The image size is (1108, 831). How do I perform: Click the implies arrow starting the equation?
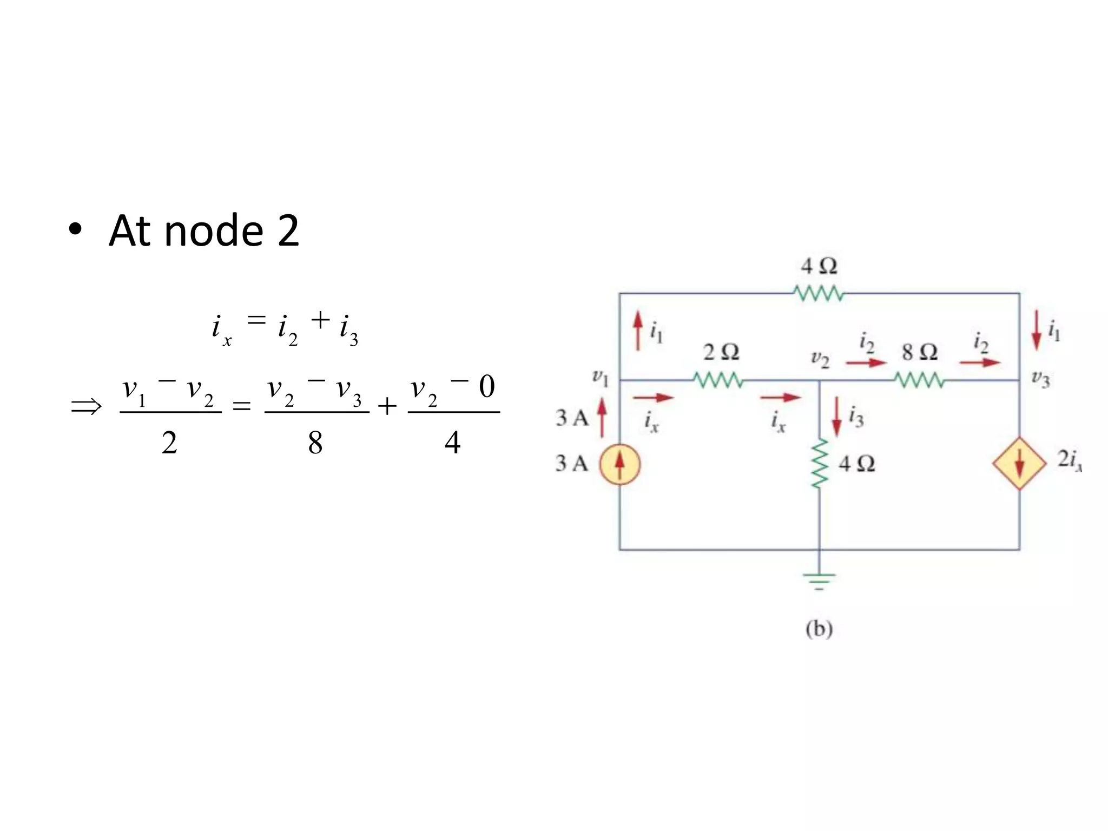(x=87, y=406)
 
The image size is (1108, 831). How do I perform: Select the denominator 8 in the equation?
(x=315, y=443)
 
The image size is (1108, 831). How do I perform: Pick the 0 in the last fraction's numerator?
(x=487, y=386)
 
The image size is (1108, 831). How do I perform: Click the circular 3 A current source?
(x=620, y=464)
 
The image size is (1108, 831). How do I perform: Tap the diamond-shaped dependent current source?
(x=1020, y=464)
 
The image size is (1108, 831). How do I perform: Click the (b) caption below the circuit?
(x=819, y=629)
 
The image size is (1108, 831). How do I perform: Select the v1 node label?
(x=601, y=377)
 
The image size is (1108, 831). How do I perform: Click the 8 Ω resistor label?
(x=920, y=352)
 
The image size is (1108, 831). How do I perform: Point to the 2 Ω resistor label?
(x=721, y=352)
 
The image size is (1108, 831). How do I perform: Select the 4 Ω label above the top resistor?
(x=819, y=266)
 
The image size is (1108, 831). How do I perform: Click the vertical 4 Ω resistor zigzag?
(x=820, y=464)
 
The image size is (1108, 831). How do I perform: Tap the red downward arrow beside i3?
(x=837, y=417)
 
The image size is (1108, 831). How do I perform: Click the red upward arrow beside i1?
(x=638, y=330)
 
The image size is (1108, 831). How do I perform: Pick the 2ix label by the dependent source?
(x=1069, y=460)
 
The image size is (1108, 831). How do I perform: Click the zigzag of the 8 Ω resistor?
(x=919, y=381)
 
